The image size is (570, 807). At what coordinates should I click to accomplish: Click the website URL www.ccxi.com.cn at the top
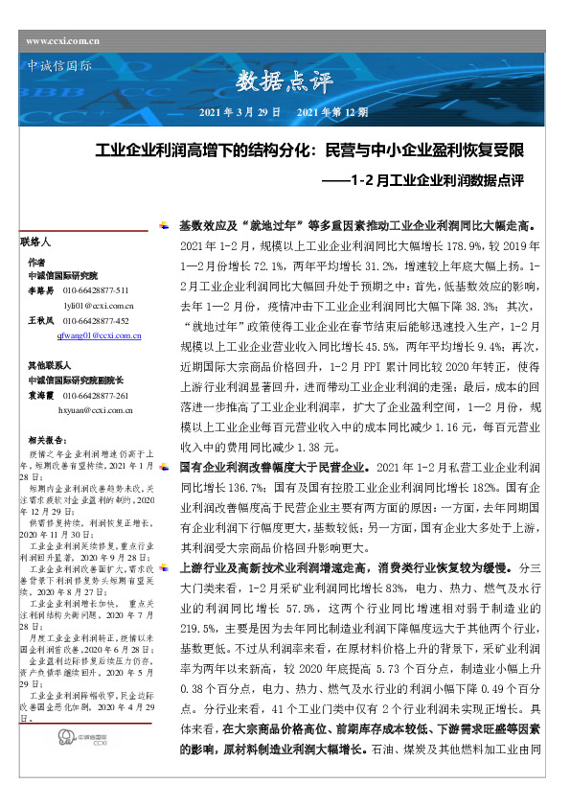pyautogui.click(x=64, y=40)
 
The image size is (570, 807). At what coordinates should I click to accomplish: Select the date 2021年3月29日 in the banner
pyautogui.click(x=239, y=112)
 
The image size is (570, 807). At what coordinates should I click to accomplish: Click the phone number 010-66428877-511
pyautogui.click(x=96, y=288)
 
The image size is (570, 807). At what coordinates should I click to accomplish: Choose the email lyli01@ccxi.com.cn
pyautogui.click(x=93, y=304)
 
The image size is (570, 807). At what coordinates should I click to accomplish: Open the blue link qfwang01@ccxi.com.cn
pyautogui.click(x=101, y=335)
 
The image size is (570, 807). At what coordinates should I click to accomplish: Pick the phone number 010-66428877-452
pyautogui.click(x=96, y=320)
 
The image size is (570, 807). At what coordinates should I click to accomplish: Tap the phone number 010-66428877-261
pyautogui.click(x=96, y=395)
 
